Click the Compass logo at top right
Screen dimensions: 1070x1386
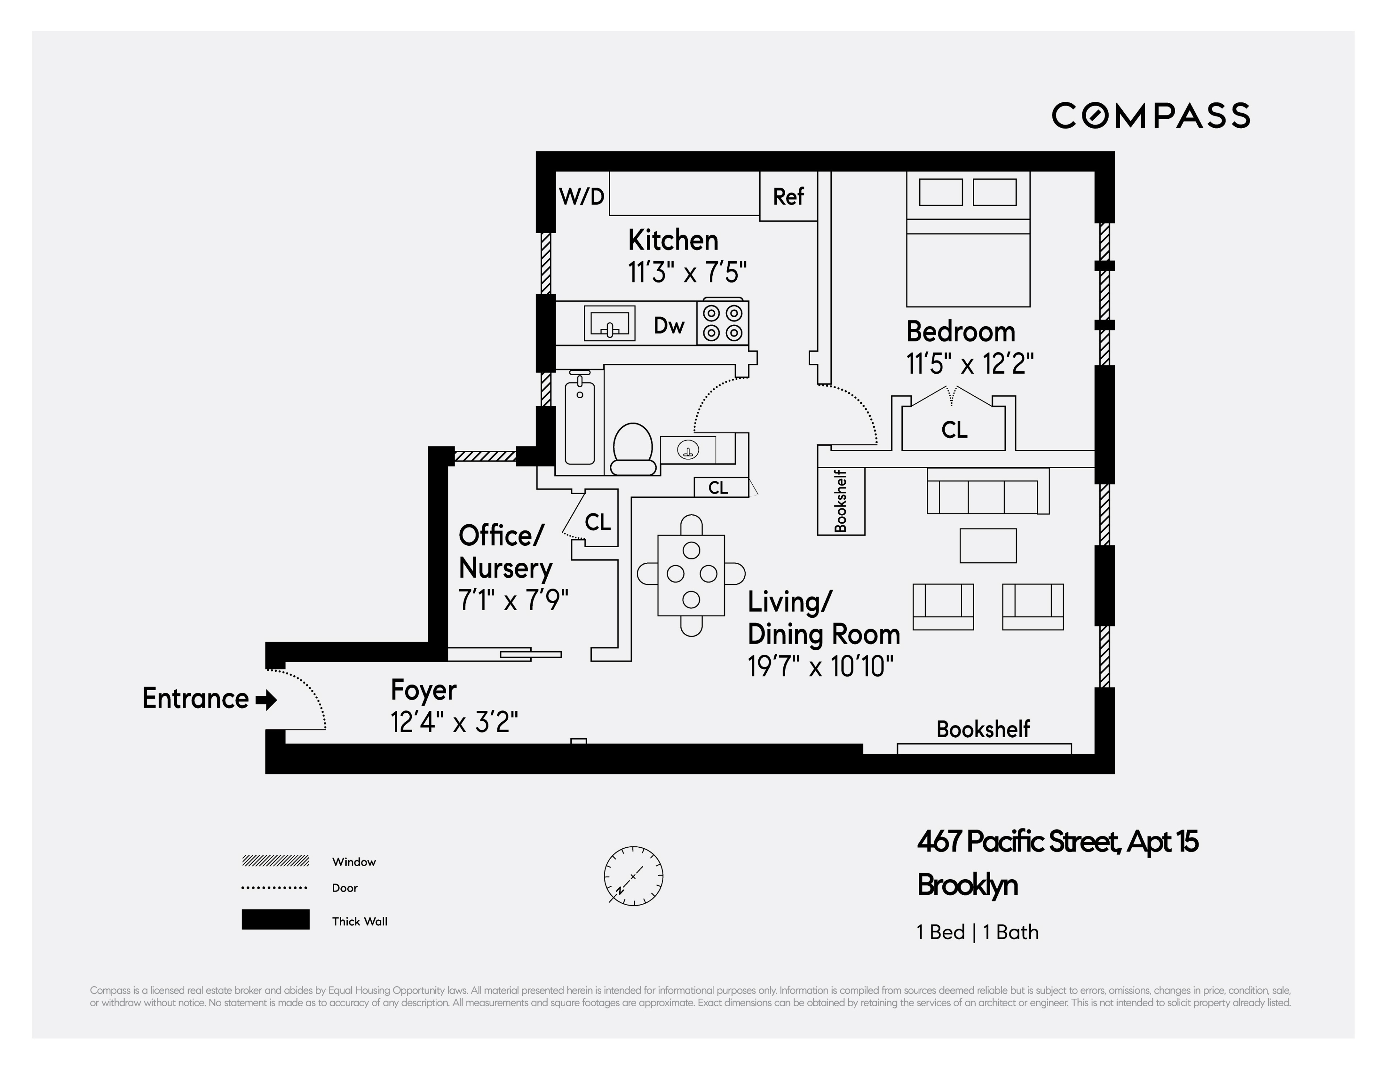[1150, 116]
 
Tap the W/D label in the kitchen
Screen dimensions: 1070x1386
[581, 197]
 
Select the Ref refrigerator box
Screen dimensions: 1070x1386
[788, 197]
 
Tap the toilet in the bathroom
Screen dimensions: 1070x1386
[633, 449]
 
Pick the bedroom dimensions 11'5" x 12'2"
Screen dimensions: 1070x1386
[970, 364]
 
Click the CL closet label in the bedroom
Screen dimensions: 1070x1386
[954, 430]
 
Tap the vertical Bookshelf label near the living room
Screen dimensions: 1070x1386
[840, 502]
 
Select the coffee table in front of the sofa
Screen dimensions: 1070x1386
[988, 546]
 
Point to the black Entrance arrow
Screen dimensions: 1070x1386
[266, 700]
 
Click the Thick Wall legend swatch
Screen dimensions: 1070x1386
[275, 920]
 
